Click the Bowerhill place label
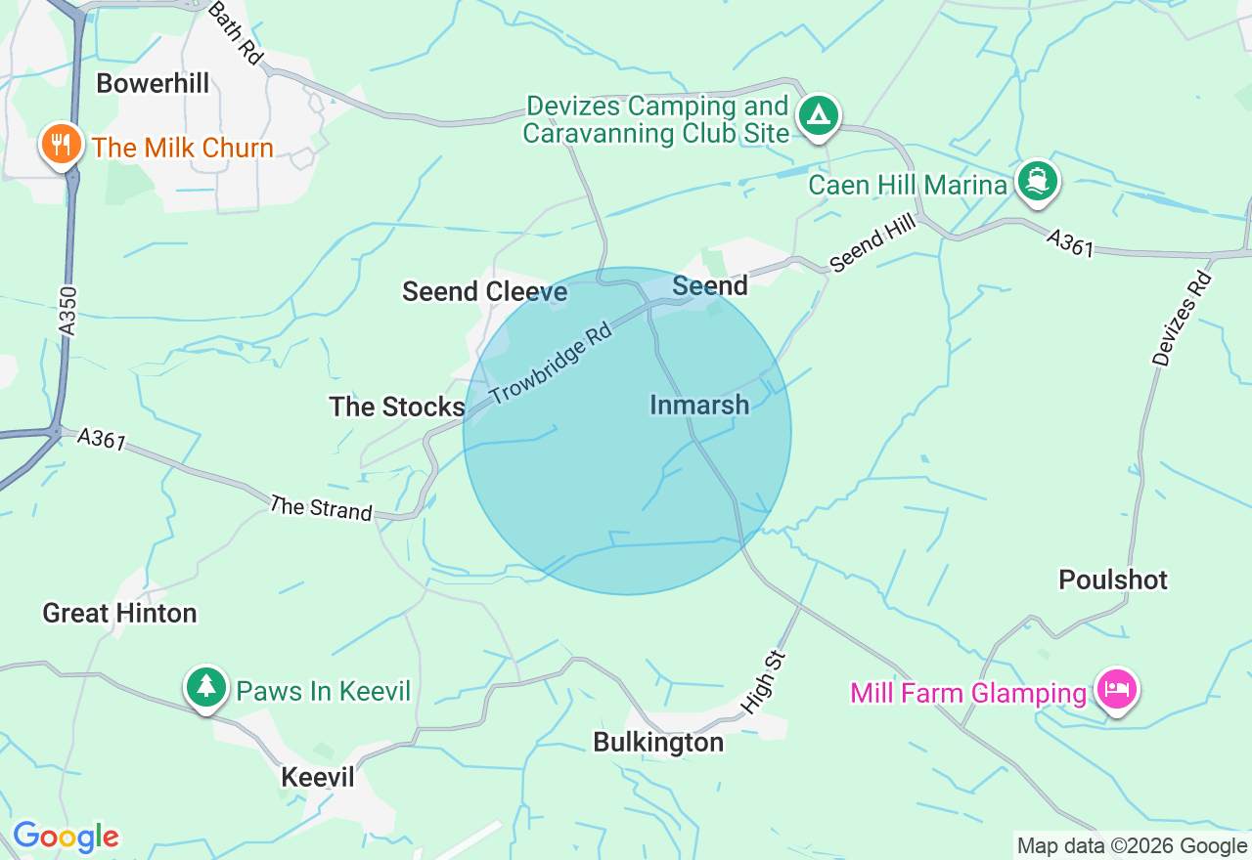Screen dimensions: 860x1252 point(153,84)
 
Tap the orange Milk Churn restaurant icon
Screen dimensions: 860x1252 point(61,146)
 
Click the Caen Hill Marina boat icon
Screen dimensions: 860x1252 point(1037,182)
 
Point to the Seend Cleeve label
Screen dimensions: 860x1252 point(484,291)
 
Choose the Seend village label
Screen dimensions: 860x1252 point(710,285)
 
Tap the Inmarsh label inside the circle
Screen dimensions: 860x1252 point(699,405)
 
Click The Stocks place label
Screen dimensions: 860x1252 point(396,407)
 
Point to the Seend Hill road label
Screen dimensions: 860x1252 point(872,243)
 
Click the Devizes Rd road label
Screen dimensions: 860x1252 point(1183,319)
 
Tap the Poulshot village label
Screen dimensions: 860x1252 point(1113,580)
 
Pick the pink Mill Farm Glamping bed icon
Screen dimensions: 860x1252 point(1116,691)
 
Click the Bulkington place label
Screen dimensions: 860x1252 point(658,743)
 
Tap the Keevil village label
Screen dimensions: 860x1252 point(318,777)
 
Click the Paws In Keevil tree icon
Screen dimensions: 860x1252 point(205,687)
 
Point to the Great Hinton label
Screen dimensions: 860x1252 point(119,614)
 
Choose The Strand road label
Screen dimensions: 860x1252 point(321,508)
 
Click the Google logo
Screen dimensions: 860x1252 point(66,837)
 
